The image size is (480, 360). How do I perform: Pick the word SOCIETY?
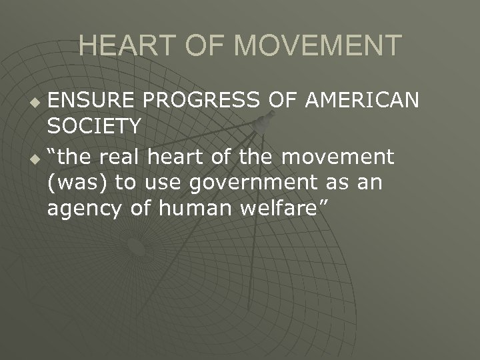[94, 125]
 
